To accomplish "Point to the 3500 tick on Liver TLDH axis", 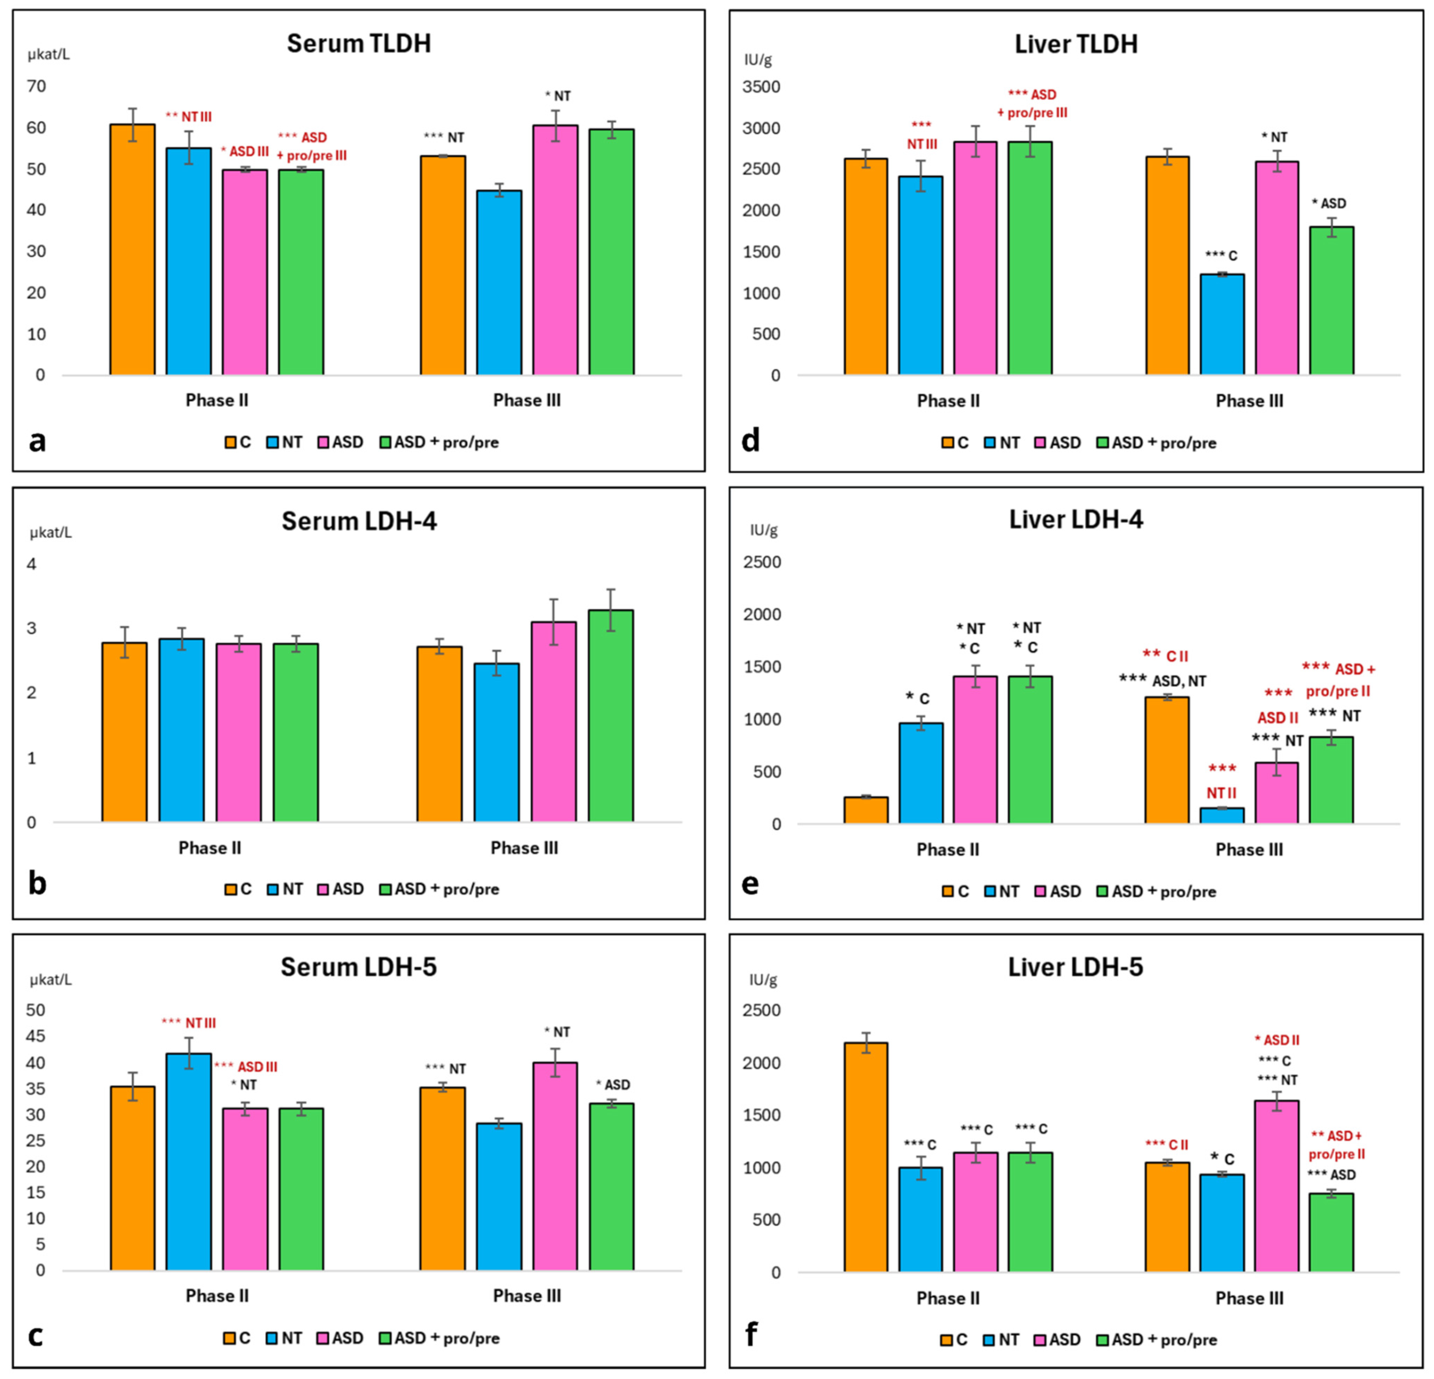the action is coord(761,87).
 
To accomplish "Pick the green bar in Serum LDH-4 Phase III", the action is coord(611,716).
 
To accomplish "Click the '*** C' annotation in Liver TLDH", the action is coord(1221,255).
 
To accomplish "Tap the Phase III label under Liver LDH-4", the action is coord(1249,849).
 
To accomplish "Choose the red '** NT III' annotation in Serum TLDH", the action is coord(189,116).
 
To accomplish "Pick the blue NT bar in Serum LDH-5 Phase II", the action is coord(189,1162).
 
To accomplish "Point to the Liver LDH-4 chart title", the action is coord(1076,520).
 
